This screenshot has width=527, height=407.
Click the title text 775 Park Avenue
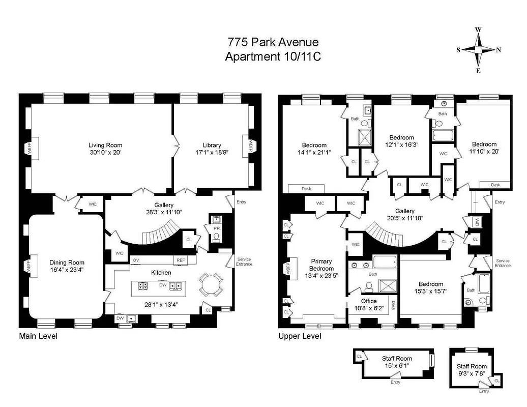click(x=273, y=43)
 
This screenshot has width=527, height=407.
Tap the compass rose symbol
click(x=478, y=50)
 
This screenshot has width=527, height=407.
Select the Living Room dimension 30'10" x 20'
click(x=105, y=152)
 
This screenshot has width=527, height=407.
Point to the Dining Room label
click(x=67, y=263)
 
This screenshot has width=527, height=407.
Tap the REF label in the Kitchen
click(x=181, y=260)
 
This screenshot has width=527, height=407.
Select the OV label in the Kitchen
click(x=136, y=260)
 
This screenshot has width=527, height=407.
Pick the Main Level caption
click(x=38, y=336)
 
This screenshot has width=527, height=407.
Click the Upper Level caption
click(x=300, y=336)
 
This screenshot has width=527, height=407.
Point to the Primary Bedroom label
click(x=321, y=265)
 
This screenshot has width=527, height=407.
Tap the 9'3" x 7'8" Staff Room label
click(x=472, y=373)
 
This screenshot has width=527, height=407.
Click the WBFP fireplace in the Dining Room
click(x=28, y=266)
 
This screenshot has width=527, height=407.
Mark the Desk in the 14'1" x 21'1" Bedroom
click(x=306, y=189)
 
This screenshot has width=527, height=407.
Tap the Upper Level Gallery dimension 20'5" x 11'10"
click(x=405, y=218)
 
